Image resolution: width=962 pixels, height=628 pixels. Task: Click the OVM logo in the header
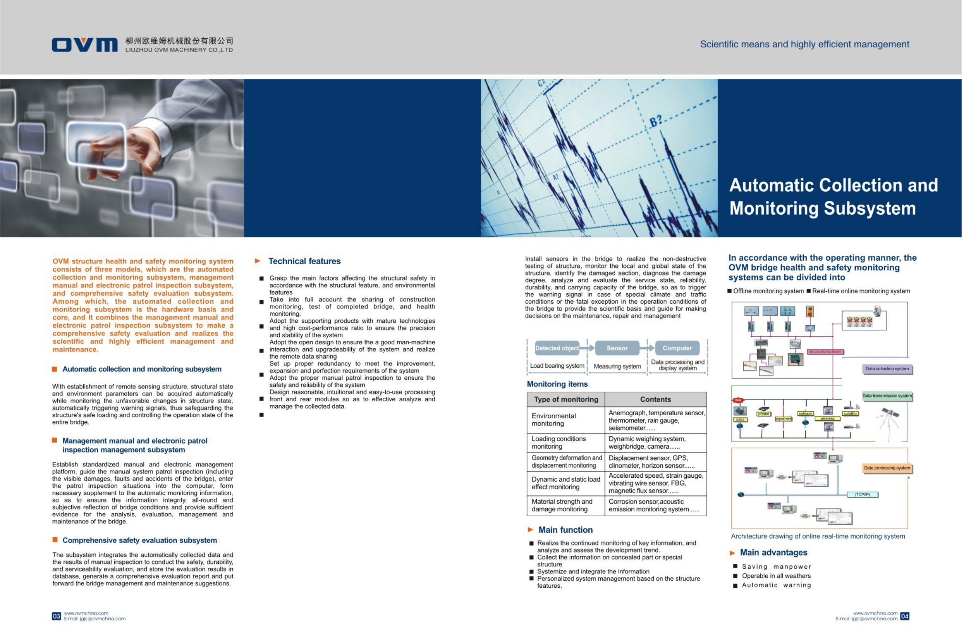click(84, 45)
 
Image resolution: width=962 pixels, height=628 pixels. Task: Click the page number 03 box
click(56, 616)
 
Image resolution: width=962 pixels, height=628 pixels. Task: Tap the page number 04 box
click(905, 616)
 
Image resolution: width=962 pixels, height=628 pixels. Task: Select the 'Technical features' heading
click(304, 261)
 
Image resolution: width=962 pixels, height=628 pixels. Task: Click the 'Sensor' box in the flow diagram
click(617, 348)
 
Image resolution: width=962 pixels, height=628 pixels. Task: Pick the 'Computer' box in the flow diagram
click(677, 348)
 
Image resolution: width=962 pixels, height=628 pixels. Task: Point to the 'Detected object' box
click(557, 348)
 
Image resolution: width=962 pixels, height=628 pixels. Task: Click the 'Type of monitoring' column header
click(566, 399)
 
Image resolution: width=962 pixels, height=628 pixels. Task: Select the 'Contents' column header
click(655, 399)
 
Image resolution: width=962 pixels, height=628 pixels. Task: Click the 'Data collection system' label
click(887, 369)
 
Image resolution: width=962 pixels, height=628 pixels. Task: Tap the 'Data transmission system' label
click(887, 396)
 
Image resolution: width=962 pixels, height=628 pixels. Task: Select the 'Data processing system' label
click(887, 468)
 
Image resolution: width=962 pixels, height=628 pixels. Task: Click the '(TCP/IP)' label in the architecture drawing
click(862, 495)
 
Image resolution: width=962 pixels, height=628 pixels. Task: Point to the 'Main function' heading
click(566, 530)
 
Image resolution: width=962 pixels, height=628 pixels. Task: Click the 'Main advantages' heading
click(773, 552)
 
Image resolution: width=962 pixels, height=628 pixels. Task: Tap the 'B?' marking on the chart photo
click(655, 121)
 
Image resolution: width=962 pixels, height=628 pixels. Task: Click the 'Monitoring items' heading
click(557, 384)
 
